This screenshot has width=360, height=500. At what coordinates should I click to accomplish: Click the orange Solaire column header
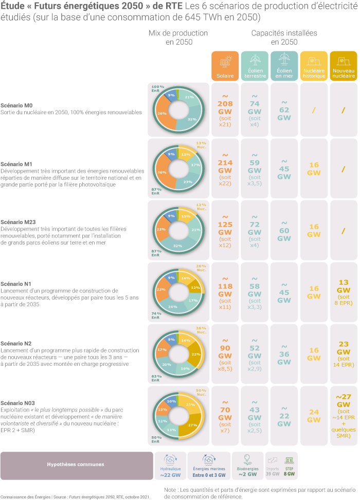225,66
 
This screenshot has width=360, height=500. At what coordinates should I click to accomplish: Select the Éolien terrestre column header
255,66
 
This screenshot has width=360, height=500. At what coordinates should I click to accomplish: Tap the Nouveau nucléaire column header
344,66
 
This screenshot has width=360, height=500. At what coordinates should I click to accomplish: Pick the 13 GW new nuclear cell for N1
344,290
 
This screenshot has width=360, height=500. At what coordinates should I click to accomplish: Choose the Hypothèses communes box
76,465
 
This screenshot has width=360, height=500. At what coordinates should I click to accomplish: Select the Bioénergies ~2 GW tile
247,465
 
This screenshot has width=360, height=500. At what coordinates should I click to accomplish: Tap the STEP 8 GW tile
289,465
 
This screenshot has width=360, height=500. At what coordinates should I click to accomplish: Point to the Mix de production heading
178,37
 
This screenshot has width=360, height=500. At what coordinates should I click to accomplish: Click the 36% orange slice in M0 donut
161,113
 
